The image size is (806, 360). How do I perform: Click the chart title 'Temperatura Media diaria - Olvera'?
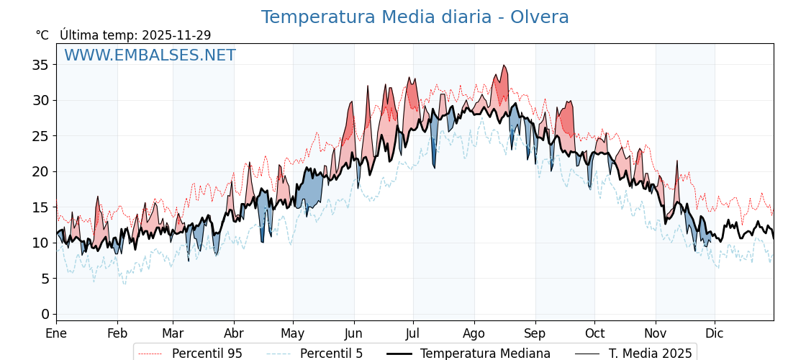415,17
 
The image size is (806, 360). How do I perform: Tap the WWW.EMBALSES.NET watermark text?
150,55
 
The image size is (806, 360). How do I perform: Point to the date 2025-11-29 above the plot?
176,35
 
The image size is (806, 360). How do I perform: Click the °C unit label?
42,35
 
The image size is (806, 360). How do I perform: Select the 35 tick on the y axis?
40,65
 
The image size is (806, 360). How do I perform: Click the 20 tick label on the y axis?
40,171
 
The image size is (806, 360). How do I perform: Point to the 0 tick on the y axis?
45,314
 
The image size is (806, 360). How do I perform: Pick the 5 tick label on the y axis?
45,279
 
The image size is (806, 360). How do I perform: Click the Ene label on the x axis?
56,333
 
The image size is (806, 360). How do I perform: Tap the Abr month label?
234,333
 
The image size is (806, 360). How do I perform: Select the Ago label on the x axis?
474,333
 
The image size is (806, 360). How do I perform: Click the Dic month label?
715,333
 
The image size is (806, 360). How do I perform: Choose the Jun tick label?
353,333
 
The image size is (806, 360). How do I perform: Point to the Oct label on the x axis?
594,333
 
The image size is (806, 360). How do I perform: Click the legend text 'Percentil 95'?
207,354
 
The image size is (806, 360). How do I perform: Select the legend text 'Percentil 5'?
331,354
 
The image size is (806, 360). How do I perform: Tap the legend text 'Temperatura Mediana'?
485,354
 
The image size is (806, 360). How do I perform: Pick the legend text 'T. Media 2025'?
650,354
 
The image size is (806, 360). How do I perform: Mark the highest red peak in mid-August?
504,66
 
